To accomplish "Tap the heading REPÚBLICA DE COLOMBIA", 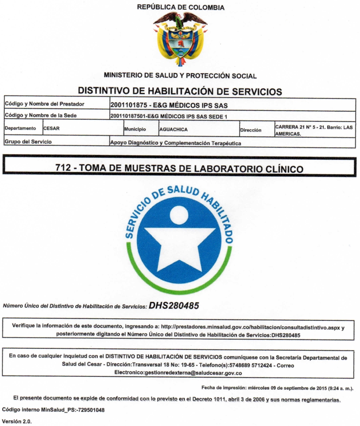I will (180, 7).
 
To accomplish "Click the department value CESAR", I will (52, 130).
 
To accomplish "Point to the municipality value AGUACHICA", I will (173, 130).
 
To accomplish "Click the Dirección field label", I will (250, 130).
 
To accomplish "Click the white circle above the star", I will (179, 215).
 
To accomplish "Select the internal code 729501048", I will (77, 410).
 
